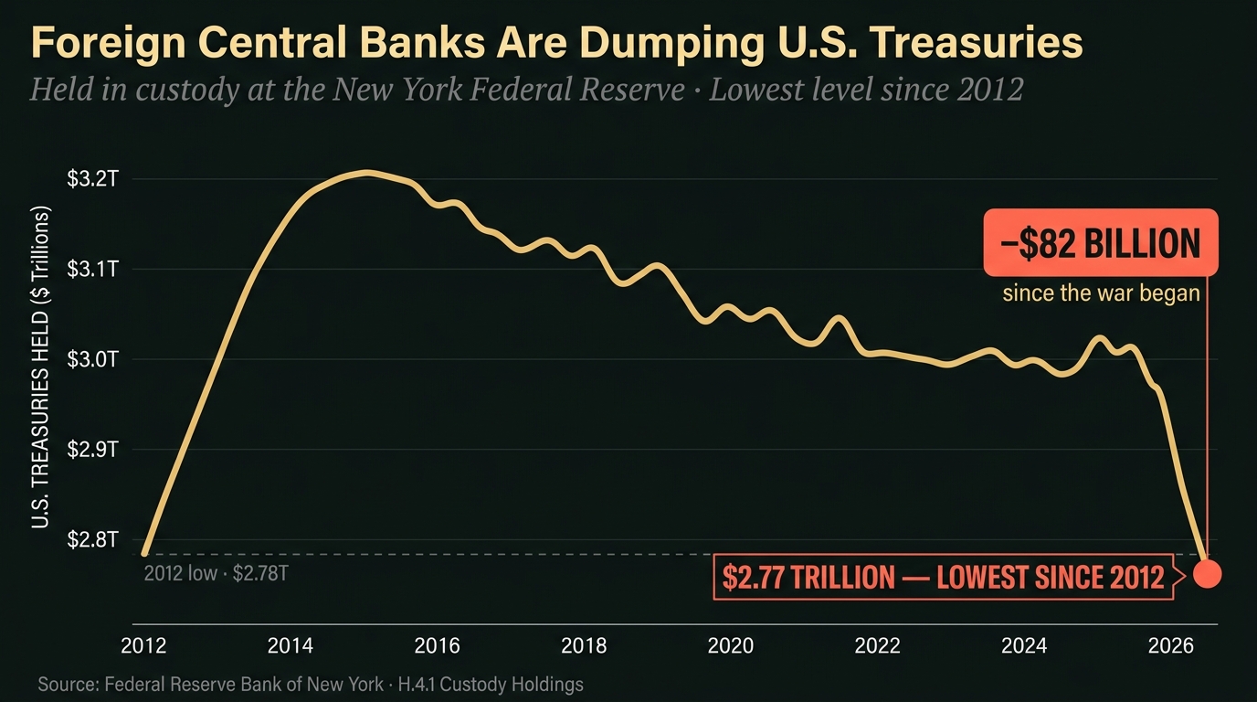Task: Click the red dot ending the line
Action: [x=1208, y=574]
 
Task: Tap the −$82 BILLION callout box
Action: [x=1101, y=243]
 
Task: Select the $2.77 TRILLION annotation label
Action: [x=943, y=577]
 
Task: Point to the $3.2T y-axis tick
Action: [x=93, y=179]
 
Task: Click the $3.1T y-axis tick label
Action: [x=93, y=270]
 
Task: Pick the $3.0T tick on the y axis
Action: [x=93, y=359]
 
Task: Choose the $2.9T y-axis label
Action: [x=93, y=450]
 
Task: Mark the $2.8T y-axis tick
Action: [x=93, y=539]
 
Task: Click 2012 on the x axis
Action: [x=143, y=646]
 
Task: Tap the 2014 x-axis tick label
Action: [x=290, y=646]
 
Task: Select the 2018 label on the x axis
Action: [x=584, y=646]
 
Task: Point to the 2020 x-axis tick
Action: [x=731, y=646]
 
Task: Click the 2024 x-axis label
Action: [x=1024, y=646]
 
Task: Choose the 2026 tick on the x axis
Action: [x=1171, y=646]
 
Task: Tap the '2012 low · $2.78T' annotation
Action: [x=217, y=574]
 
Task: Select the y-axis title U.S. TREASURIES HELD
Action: [x=41, y=367]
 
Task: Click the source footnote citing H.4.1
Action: [x=311, y=684]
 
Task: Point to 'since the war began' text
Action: [x=1101, y=294]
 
